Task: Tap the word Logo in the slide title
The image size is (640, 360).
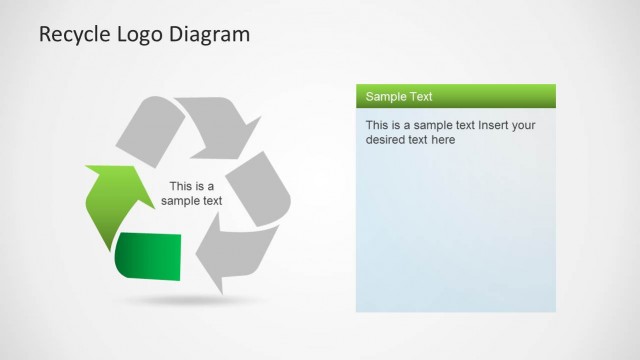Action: point(140,36)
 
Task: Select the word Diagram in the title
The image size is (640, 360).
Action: point(211,36)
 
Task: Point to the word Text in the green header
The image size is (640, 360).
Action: point(421,97)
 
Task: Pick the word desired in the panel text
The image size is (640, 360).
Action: point(385,140)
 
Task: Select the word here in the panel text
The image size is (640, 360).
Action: point(442,140)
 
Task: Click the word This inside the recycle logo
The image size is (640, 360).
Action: point(181,186)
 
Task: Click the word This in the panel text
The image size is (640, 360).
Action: point(377,125)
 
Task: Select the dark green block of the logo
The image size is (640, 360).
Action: point(149,256)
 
